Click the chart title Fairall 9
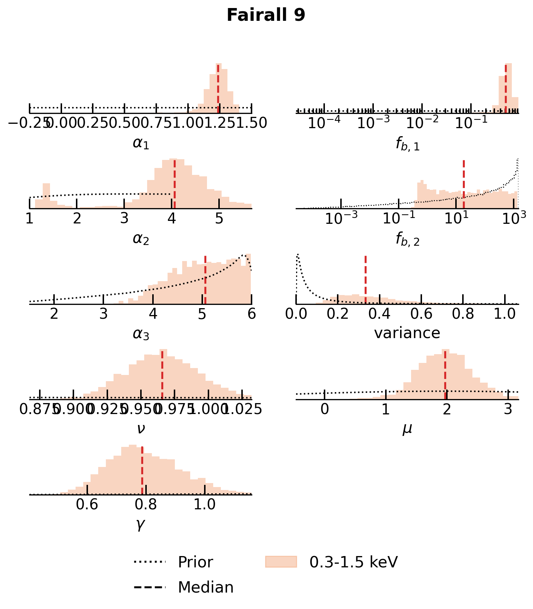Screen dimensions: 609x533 click(266, 16)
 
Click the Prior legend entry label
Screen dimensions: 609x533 click(195, 562)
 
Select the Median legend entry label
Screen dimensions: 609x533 click(206, 587)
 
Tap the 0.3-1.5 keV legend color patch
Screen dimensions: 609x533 click(281, 562)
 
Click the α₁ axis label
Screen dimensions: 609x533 click(141, 143)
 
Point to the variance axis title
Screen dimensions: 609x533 click(407, 333)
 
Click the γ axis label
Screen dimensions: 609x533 click(141, 524)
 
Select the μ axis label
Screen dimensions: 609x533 click(407, 429)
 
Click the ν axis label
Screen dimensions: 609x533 click(141, 429)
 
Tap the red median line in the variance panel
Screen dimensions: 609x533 click(365, 279)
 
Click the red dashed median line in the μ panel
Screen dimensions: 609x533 click(445, 374)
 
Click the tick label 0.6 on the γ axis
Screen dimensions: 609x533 click(87, 505)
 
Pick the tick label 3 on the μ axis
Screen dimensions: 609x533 click(508, 410)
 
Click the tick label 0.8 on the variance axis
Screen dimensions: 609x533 click(463, 314)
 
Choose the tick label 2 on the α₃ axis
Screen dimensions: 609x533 click(54, 314)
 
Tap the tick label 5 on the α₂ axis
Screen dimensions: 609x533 click(219, 219)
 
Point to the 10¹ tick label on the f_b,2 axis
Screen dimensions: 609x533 click(456, 219)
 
